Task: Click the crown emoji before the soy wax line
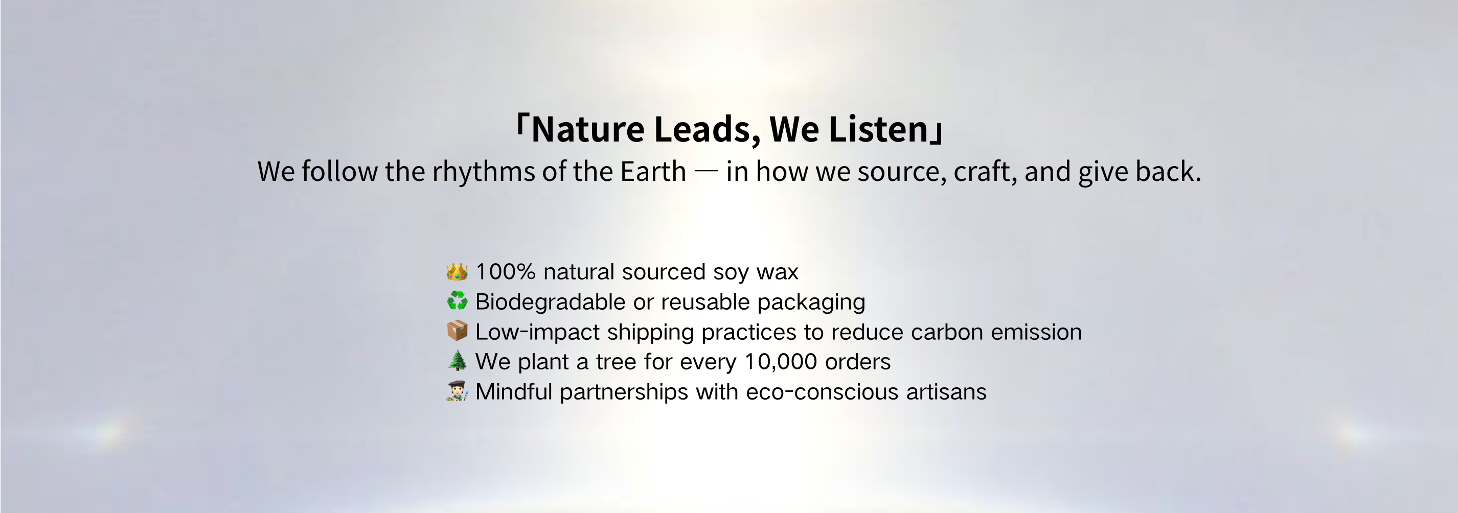click(x=457, y=272)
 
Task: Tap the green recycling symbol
click(x=457, y=301)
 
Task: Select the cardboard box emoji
click(x=457, y=331)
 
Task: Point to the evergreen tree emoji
click(x=457, y=360)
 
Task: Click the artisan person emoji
click(x=457, y=391)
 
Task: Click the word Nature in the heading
click(x=587, y=129)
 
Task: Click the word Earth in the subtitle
click(x=653, y=171)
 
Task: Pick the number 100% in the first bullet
click(x=506, y=272)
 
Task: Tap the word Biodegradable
click(x=550, y=301)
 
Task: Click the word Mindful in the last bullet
click(x=513, y=391)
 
